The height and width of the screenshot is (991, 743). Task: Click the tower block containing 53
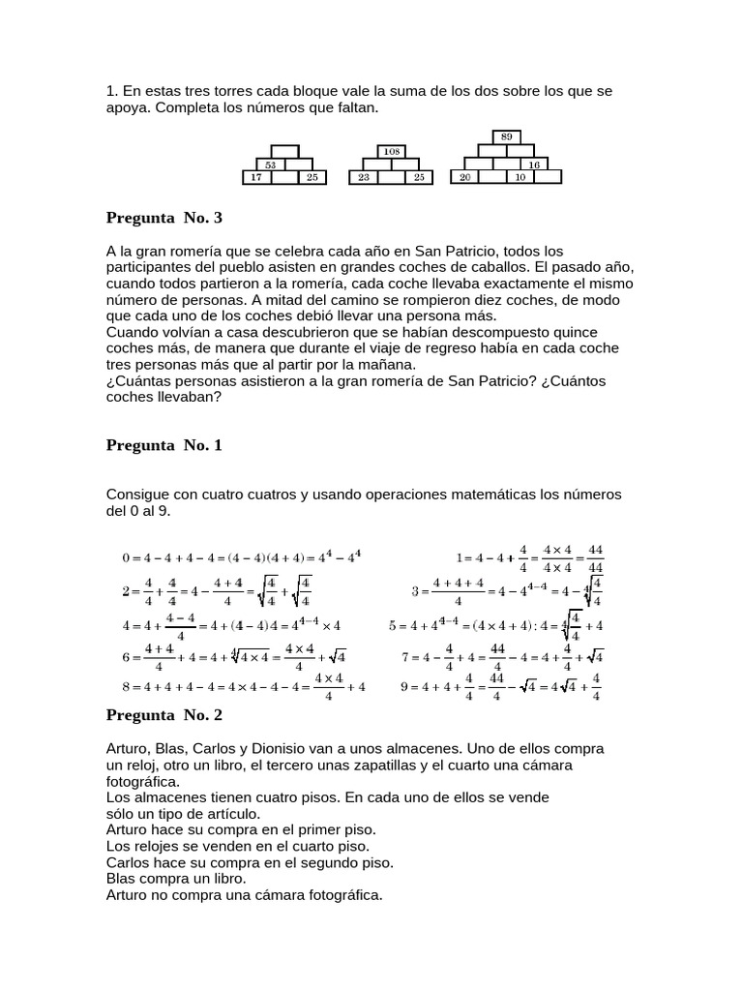coord(271,165)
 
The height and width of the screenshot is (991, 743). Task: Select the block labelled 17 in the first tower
coord(256,178)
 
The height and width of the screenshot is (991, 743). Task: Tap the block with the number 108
coord(392,152)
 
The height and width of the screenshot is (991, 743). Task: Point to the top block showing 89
coord(506,137)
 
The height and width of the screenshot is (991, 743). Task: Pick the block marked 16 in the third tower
coord(533,165)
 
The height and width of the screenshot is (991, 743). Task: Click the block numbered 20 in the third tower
coord(465,178)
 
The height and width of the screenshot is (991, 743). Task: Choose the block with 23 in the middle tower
coord(363,178)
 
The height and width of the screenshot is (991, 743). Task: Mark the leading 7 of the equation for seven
coord(406,657)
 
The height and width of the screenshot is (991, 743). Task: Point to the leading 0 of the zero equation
coord(126,557)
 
